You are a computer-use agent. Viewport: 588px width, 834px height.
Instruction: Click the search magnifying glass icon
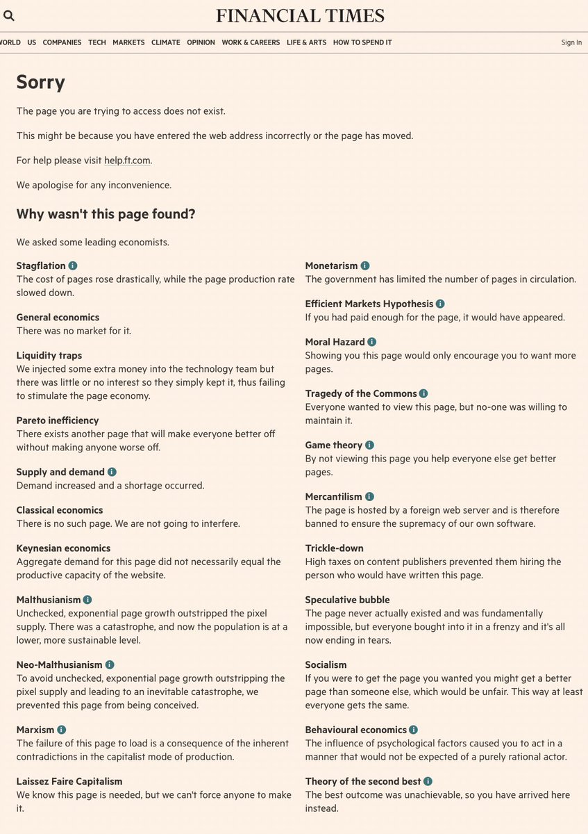coord(9,16)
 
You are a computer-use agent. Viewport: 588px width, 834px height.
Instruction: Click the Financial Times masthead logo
coord(300,15)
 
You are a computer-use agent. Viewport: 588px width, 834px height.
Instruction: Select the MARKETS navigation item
coord(128,42)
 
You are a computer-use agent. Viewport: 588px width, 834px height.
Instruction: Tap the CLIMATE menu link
coord(165,42)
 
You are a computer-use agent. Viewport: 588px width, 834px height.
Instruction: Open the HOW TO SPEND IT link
coord(362,42)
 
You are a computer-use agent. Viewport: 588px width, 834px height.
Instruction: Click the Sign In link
coord(571,42)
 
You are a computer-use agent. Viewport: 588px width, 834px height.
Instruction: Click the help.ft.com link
coord(128,161)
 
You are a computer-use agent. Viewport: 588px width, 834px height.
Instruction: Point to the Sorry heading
coord(40,82)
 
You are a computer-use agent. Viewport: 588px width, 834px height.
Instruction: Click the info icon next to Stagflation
coord(73,265)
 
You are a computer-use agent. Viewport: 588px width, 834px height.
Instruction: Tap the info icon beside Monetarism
coord(365,265)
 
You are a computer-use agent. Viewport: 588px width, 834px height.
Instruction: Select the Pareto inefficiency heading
coord(58,420)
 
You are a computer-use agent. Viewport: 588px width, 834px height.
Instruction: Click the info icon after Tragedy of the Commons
coord(423,393)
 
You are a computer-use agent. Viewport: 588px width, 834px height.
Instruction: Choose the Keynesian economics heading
coord(63,548)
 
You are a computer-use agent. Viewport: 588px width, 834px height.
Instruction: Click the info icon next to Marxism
coord(62,730)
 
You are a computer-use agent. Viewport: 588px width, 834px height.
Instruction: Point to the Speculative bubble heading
coord(347,600)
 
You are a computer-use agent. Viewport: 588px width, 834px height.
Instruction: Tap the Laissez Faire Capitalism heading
coord(69,781)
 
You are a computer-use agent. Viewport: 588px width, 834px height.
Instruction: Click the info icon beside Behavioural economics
coord(414,730)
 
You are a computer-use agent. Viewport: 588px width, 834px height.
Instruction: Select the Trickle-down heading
coord(335,548)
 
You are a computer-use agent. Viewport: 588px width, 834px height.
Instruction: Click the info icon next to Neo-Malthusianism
coord(110,665)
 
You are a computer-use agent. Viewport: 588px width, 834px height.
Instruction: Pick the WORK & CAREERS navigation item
coord(251,42)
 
